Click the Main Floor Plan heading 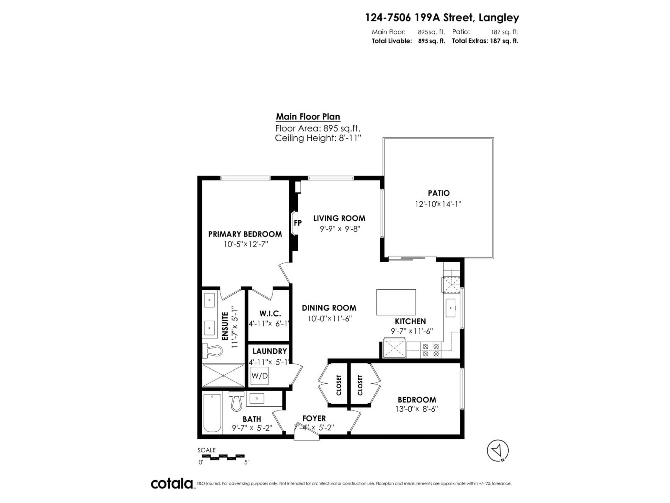(x=308, y=117)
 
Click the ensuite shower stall (x=223, y=375)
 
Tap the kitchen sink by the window (x=451, y=308)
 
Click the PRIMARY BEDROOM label (x=245, y=234)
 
